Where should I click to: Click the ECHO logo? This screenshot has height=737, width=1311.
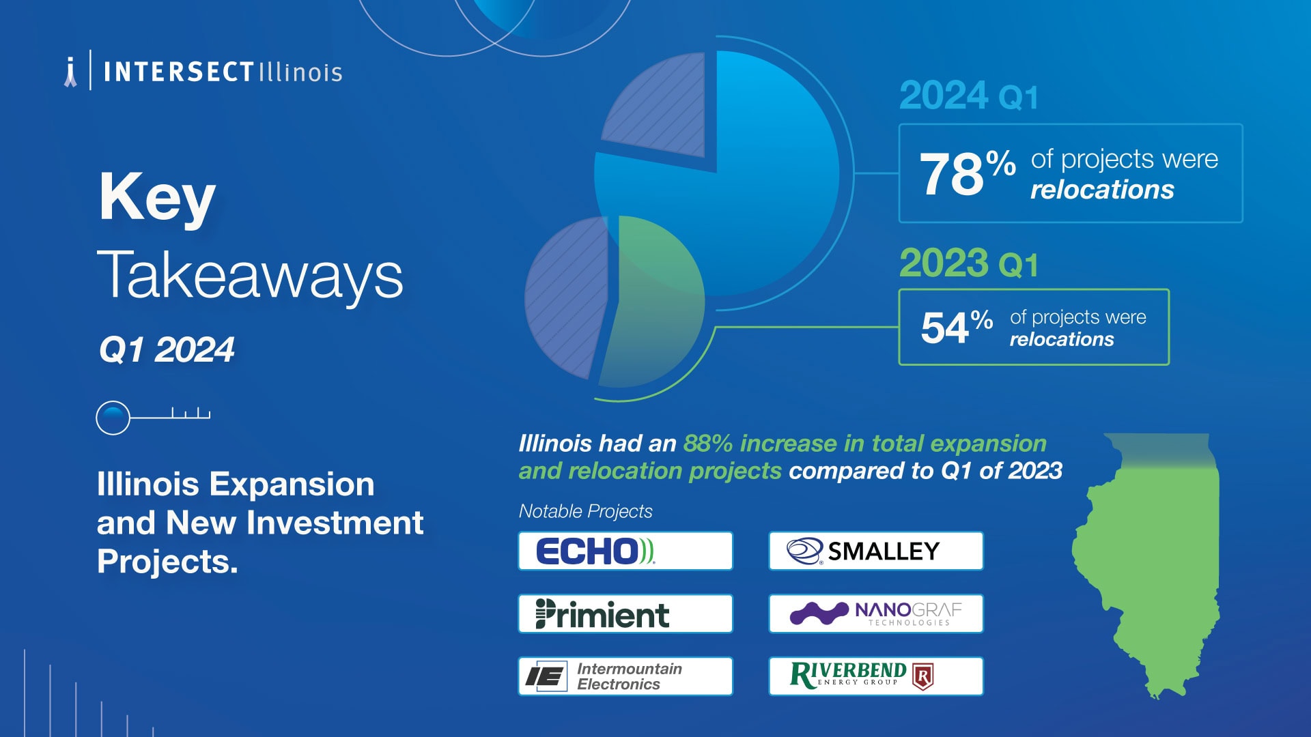595,551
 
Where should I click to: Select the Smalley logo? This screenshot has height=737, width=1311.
863,551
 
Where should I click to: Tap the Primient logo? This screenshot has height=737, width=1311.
602,613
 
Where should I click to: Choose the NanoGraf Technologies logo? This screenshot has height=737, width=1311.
876,613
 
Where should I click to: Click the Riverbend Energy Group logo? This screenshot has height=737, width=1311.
862,676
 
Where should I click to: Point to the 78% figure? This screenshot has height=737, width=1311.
968,173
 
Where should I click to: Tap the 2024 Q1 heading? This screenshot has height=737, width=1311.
968,96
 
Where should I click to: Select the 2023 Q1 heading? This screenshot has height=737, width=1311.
968,263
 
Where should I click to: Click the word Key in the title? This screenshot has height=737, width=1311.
157,197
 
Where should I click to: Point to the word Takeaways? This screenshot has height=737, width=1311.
250,275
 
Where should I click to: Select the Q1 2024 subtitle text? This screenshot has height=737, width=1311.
167,350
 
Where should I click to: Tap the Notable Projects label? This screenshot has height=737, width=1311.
585,511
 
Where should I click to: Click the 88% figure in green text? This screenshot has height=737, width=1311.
707,444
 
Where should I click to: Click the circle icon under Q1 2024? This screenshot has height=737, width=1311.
113,418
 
